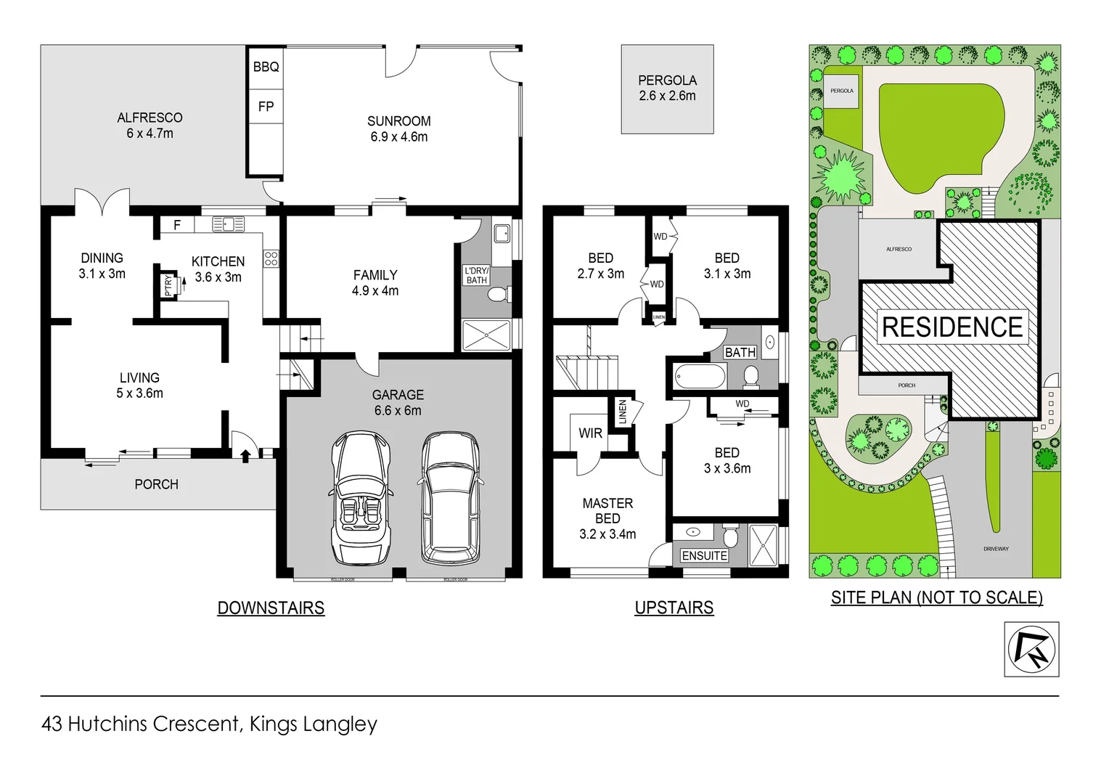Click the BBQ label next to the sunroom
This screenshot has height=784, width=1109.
266,67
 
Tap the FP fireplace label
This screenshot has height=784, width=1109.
266,107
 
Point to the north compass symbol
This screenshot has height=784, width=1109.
1031,649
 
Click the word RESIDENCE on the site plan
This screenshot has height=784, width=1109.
952,327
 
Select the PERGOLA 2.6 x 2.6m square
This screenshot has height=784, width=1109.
667,89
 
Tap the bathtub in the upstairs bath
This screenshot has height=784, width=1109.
700,377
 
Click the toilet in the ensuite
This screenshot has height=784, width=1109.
730,536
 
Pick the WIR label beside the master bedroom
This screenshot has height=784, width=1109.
590,433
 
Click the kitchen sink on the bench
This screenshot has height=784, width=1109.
228,224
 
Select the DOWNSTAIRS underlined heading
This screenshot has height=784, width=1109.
271,608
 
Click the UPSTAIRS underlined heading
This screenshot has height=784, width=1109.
674,608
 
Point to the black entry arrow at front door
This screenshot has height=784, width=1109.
245,455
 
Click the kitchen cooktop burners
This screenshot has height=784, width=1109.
271,258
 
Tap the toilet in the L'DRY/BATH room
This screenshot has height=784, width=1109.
499,295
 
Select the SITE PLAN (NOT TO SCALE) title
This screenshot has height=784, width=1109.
936,597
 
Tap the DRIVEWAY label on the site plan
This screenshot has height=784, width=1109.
996,549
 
